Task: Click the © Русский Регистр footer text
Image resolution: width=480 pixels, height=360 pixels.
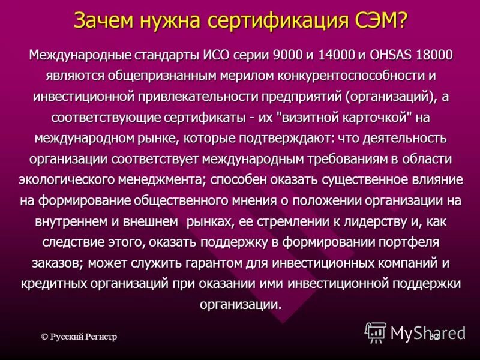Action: point(79,337)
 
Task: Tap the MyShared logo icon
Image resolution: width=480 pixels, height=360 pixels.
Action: point(376,332)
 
